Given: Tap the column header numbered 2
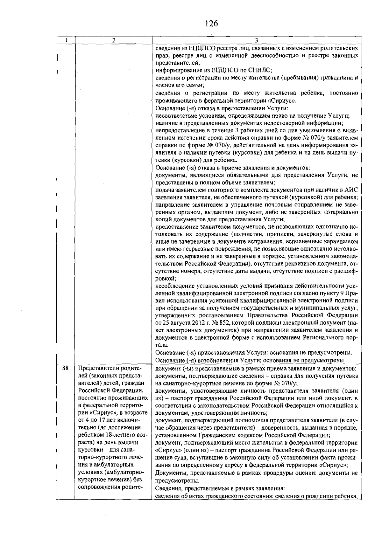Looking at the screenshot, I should [113, 40].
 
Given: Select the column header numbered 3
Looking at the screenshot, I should [257, 40].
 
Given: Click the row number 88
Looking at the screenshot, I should [65, 368].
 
